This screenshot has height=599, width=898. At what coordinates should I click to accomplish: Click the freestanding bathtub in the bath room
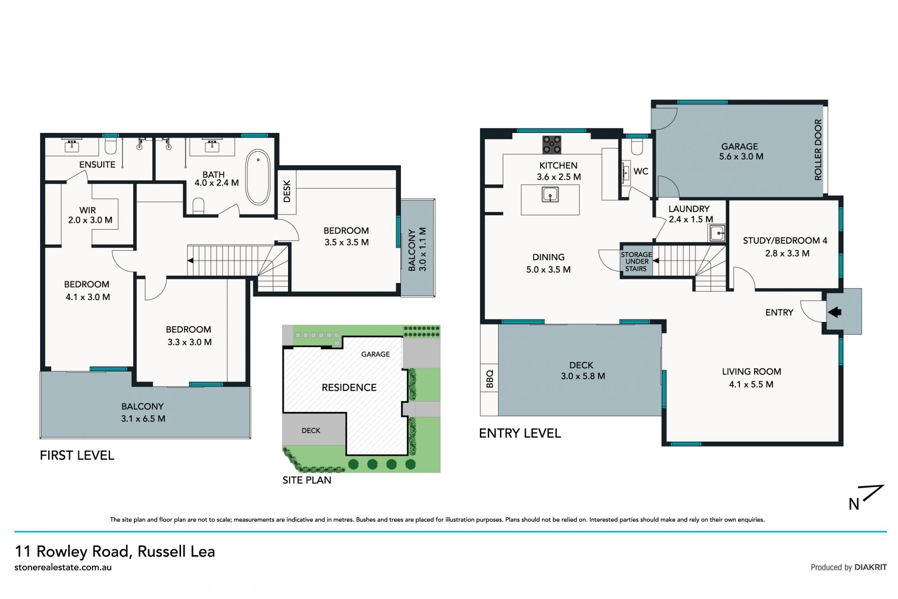(258, 177)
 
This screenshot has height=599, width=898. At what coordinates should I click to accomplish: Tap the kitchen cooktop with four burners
(551, 145)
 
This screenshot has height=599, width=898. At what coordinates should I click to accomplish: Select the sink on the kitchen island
(550, 194)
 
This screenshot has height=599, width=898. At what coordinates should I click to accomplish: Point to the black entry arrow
(835, 312)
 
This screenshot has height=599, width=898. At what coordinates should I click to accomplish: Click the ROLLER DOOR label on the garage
(818, 150)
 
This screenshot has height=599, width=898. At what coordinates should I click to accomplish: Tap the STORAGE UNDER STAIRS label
(636, 262)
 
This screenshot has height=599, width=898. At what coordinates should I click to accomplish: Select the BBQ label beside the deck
(490, 379)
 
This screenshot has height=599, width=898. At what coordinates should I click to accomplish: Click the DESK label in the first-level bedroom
(287, 191)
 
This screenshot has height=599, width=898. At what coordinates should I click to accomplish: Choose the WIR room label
(87, 210)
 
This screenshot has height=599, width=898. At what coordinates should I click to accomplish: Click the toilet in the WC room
(637, 147)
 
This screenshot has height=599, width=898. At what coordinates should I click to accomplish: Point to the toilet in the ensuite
(110, 146)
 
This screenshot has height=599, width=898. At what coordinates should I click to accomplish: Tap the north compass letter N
(854, 504)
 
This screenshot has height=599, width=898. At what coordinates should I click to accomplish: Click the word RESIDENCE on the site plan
(349, 387)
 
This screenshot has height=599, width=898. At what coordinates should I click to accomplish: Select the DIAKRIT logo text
(870, 567)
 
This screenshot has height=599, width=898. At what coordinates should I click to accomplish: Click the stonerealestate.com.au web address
(63, 567)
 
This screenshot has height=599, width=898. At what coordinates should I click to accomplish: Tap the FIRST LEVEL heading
(77, 455)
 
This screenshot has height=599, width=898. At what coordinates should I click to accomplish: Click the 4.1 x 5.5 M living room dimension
(751, 384)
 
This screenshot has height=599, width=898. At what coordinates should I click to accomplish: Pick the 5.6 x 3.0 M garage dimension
(741, 157)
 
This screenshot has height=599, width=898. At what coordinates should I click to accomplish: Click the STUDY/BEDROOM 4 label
(785, 241)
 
